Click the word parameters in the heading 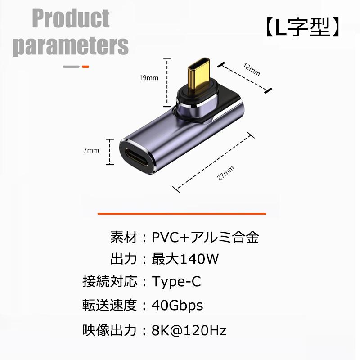(71, 45)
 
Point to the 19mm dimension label (148, 78)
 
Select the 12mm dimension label (252, 70)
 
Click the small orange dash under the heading (85, 67)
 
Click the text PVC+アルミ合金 (206, 237)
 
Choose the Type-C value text (176, 282)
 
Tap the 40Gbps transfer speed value (178, 306)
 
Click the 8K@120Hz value (189, 331)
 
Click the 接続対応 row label (109, 282)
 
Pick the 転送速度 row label (109, 306)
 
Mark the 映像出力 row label (109, 331)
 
